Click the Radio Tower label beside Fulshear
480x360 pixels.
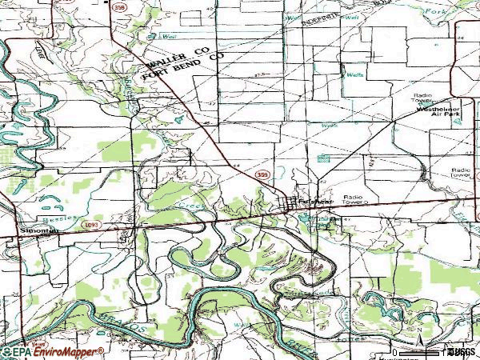pos(353,200)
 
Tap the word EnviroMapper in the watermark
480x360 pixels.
pos(67,351)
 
